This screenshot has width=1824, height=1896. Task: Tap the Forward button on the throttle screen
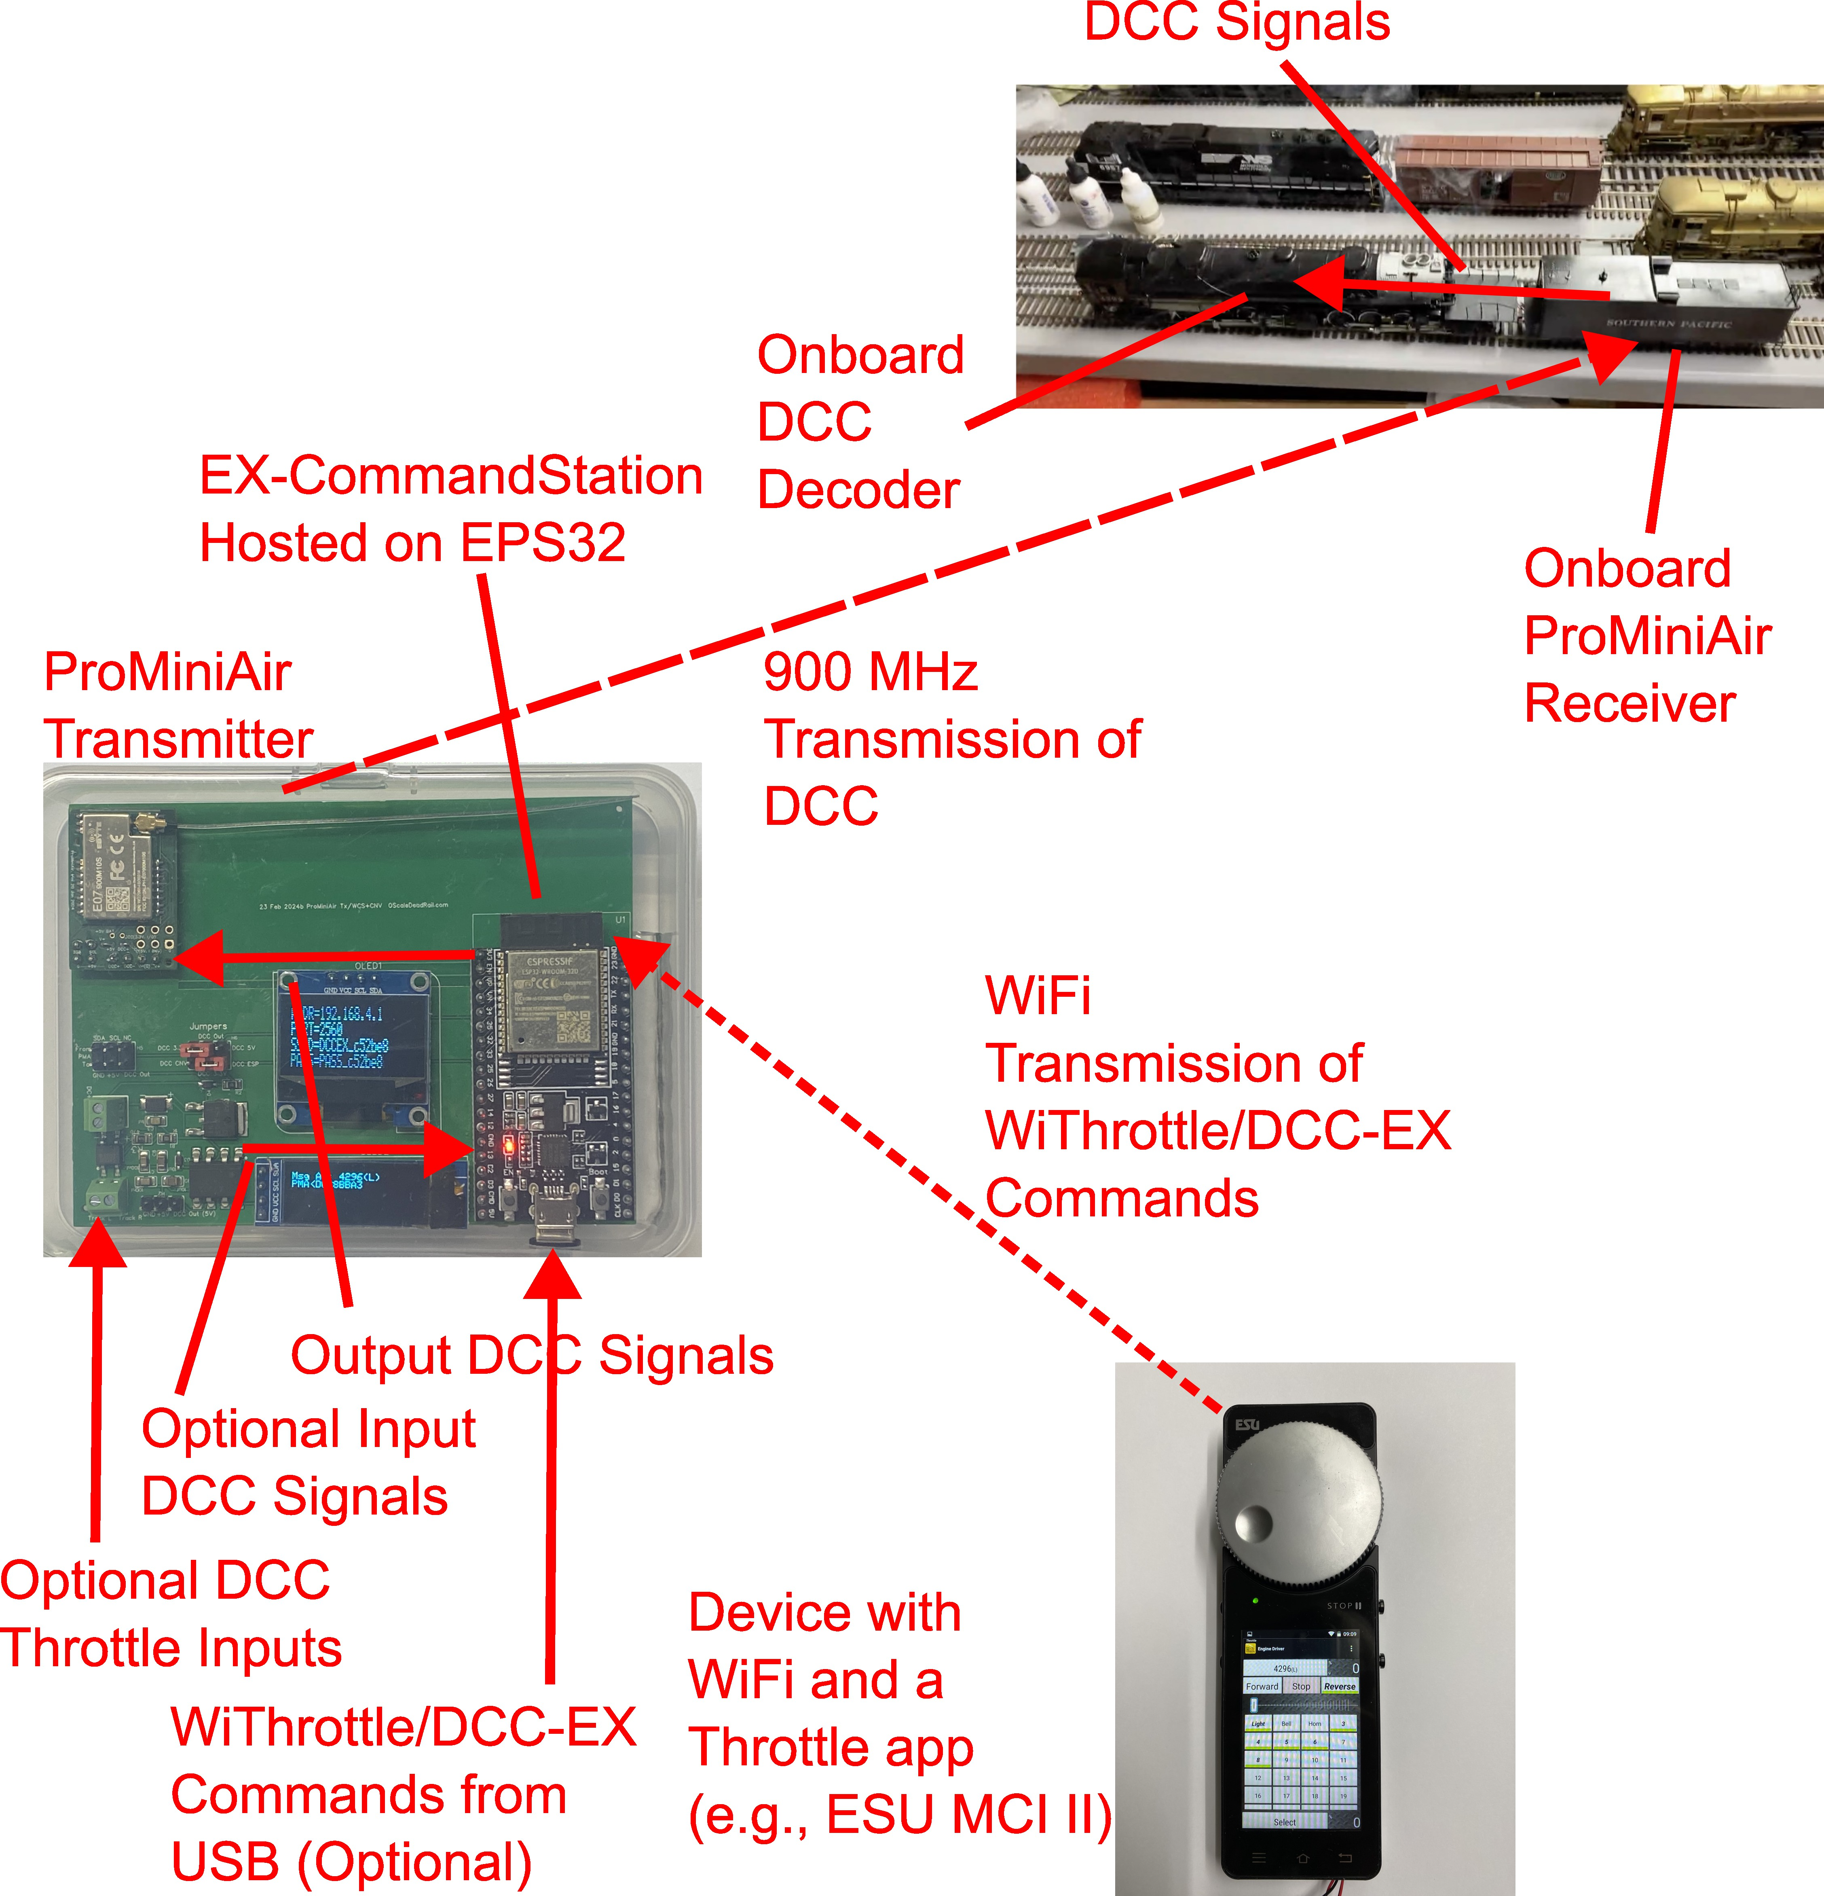coord(1261,1686)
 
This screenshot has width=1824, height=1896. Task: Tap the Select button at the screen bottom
coord(1284,1822)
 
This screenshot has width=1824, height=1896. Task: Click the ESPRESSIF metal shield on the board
coord(550,1001)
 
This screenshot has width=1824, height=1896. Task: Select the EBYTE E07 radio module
coord(116,866)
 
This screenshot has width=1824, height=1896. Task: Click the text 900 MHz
coord(871,672)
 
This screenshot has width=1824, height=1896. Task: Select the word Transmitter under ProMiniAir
coord(179,740)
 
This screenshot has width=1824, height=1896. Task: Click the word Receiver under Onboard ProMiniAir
coord(1630,703)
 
